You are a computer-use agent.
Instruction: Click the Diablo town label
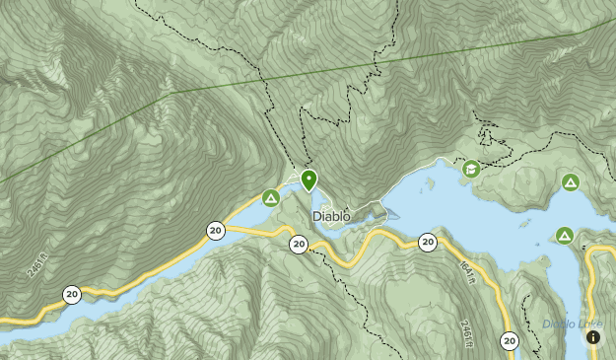[x=331, y=216]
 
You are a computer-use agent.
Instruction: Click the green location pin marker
[x=308, y=180]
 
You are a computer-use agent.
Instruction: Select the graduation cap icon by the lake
[x=472, y=170]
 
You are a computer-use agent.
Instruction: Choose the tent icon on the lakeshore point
[x=564, y=235]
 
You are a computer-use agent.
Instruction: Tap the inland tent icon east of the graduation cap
[x=570, y=182]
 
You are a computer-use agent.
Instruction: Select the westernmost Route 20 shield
[x=72, y=294]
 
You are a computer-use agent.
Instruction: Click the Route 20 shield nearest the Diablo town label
[x=298, y=245]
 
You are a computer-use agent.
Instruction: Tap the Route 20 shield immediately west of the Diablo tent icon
[x=216, y=230]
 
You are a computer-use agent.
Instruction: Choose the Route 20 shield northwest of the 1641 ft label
[x=427, y=242]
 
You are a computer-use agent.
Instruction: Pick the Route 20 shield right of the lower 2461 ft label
[x=509, y=341]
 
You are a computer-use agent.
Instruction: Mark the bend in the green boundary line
[x=174, y=91]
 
